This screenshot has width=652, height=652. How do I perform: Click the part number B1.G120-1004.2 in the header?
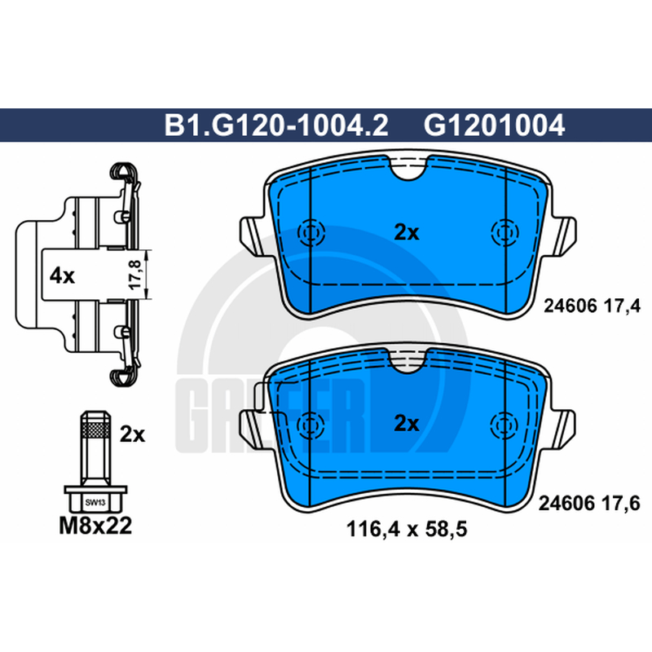pos(276,126)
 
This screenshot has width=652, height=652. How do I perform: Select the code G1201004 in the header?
pos(494,126)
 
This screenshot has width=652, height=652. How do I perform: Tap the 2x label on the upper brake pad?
pos(406,233)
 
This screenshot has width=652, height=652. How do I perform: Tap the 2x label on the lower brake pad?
pos(406,424)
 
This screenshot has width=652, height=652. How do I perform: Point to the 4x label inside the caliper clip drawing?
pos(62,275)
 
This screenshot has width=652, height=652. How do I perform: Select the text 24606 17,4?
pos(593,306)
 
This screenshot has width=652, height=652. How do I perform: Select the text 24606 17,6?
pos(589,504)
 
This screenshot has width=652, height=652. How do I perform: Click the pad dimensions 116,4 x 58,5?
pos(407,529)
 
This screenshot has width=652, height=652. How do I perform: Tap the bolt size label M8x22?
pos(95,526)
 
